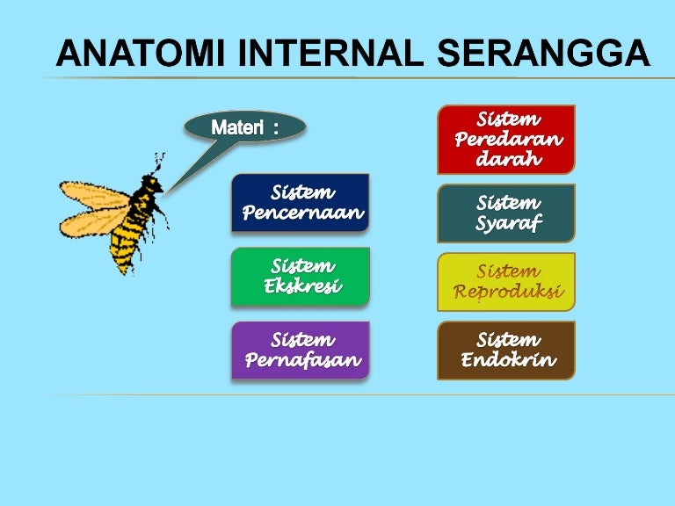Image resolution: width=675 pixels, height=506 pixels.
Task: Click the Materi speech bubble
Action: [244, 127]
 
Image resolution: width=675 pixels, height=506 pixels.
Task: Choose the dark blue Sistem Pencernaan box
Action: [300, 203]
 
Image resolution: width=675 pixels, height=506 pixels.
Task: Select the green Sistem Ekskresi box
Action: [300, 277]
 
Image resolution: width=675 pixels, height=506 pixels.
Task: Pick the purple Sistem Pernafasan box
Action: [300, 350]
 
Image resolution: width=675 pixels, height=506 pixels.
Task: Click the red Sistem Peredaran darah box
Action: [506, 139]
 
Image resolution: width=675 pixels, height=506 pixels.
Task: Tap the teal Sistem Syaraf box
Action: [506, 213]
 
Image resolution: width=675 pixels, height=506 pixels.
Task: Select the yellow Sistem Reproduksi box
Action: [506, 282]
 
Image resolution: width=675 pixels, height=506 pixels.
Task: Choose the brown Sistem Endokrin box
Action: [506, 350]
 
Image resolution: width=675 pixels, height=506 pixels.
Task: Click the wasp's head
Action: [151, 185]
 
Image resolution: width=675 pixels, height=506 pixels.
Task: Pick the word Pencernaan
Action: [302, 213]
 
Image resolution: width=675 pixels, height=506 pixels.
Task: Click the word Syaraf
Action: [508, 224]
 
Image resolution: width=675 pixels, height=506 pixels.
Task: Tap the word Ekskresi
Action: [302, 286]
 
